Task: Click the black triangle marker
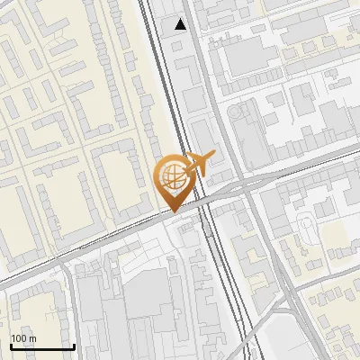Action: coord(181,24)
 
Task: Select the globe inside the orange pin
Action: coord(171,176)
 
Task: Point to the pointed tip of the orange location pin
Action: coord(171,211)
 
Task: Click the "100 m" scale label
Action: coord(23,338)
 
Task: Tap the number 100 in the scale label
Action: coord(19,338)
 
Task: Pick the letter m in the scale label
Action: coord(32,338)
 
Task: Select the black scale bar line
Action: coord(41,346)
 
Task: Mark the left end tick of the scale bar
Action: coord(11,345)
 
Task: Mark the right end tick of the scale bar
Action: coord(73,345)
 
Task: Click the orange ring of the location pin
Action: coord(171,163)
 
